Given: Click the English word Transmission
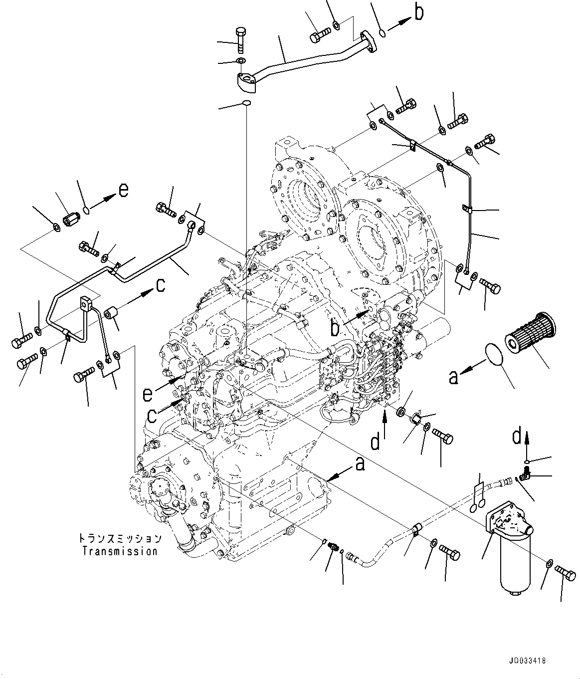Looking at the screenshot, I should coord(120,551).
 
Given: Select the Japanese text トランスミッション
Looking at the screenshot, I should coord(120,539).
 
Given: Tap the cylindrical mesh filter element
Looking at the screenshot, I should coord(530,331).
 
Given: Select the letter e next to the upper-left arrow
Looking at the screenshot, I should coord(123,190).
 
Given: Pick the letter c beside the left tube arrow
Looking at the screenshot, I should coord(160,285).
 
